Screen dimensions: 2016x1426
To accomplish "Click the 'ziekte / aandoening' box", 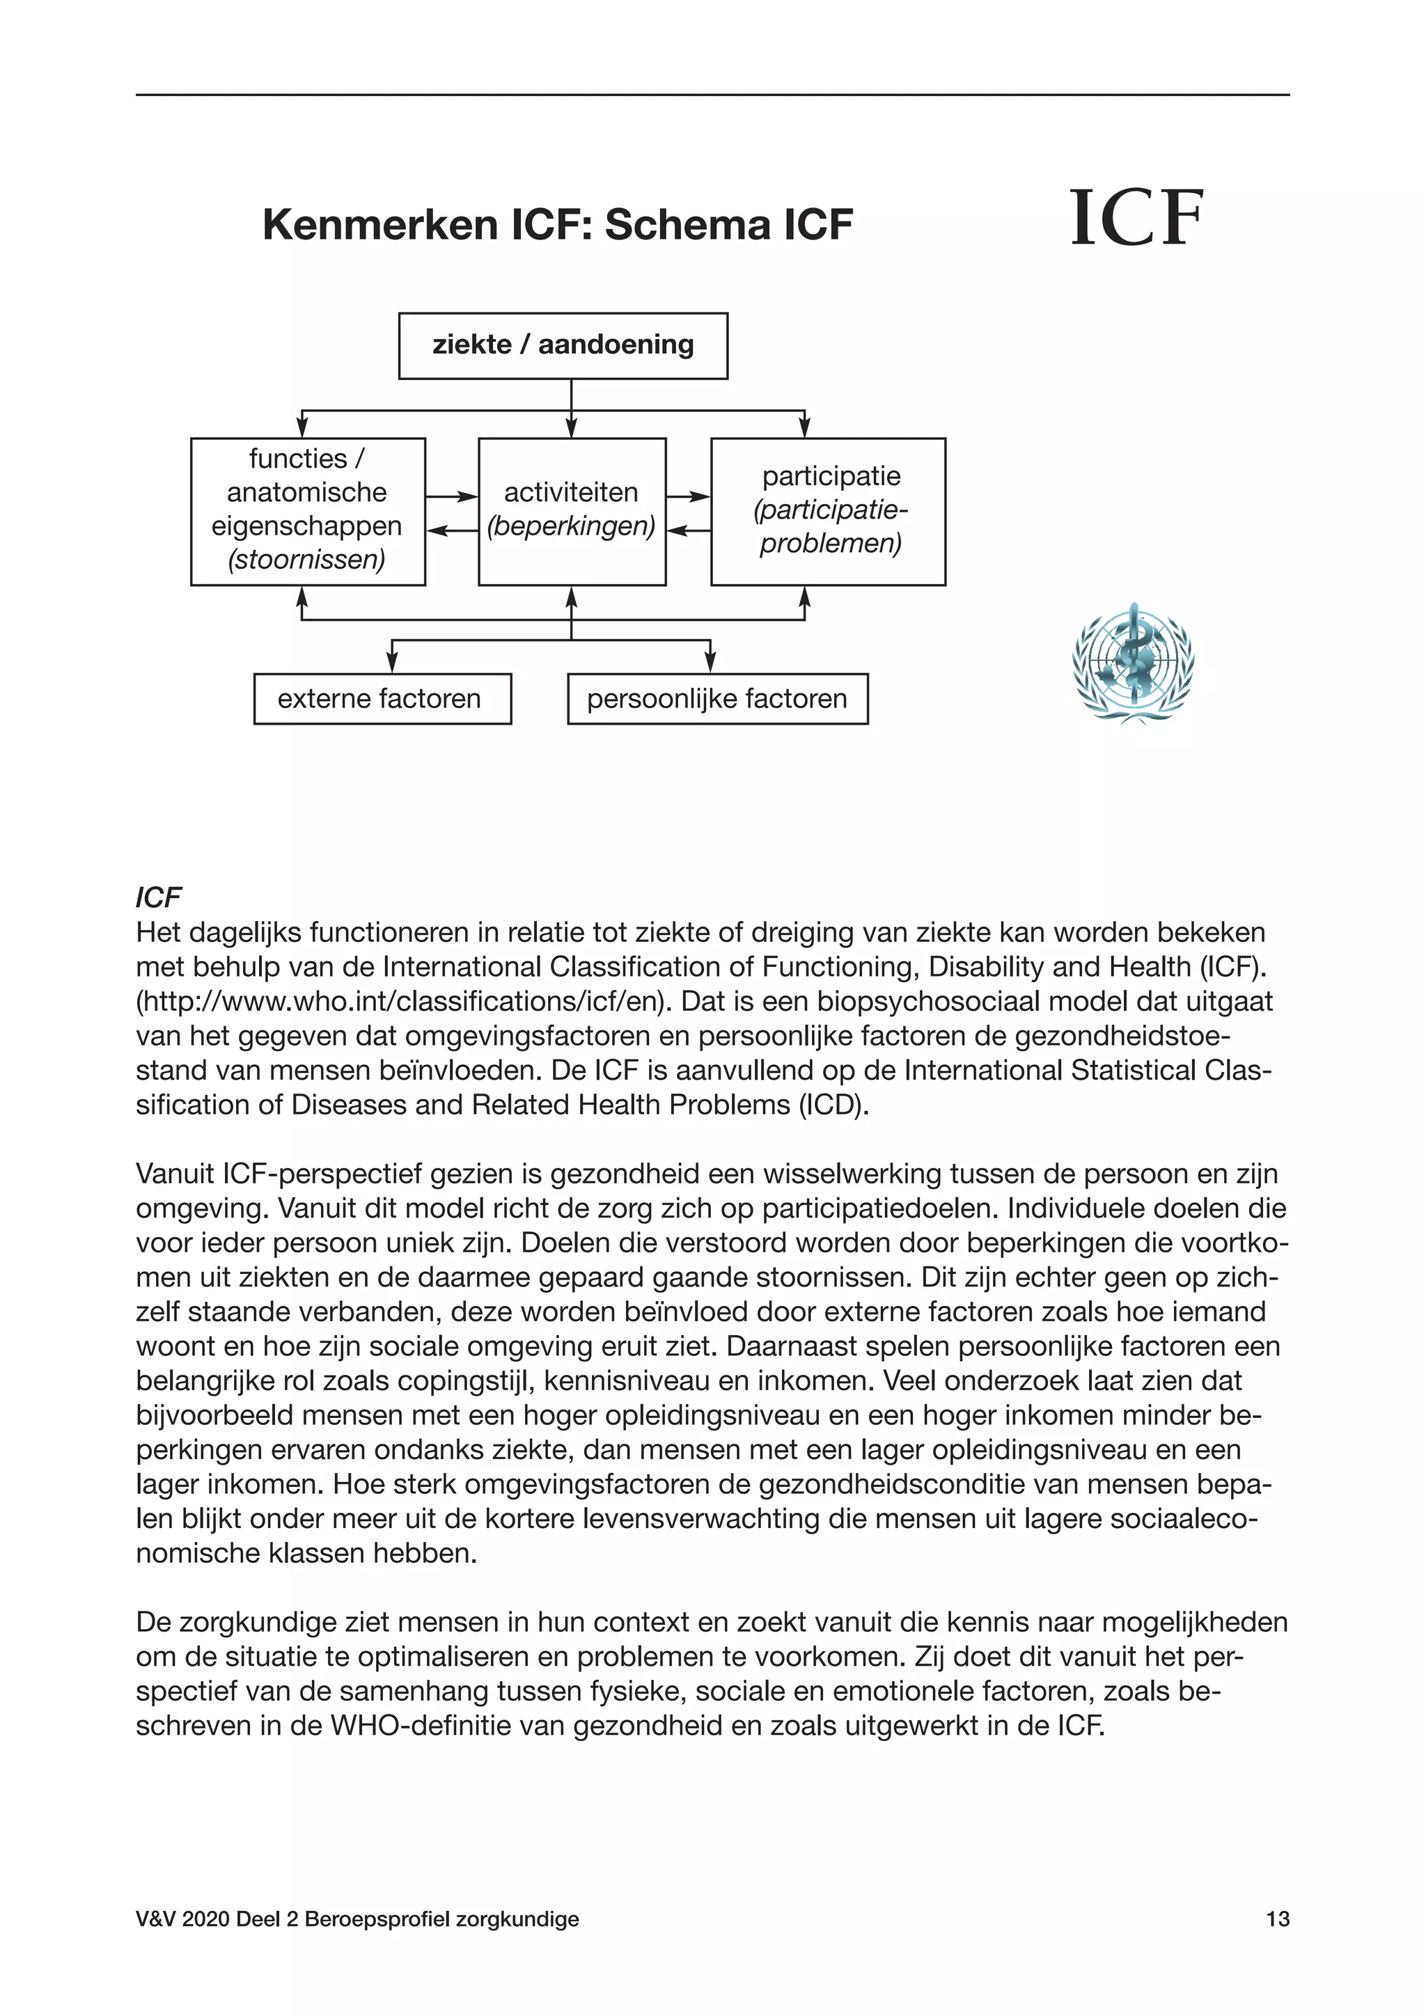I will pos(563,345).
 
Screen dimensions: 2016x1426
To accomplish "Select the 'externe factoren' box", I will pos(382,699).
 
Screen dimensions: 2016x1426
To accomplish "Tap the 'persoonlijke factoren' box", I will pos(717,699).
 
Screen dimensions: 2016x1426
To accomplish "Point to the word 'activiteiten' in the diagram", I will pos(571,493).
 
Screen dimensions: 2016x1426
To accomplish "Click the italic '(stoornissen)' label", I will pos(306,559).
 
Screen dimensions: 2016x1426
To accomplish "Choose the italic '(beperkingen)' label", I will pos(572,526).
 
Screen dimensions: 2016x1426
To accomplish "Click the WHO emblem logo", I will pos(1133,664).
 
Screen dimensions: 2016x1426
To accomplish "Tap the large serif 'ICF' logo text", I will pos(1136,219).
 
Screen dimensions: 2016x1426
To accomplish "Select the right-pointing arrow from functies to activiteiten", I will pos(452,497).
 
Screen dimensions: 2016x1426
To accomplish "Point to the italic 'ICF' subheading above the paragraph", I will pos(158,897).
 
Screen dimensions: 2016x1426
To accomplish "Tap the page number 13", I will pos(1278,1943).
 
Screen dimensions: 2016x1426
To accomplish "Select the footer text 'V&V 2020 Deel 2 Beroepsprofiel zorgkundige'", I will pos(357,1943).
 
